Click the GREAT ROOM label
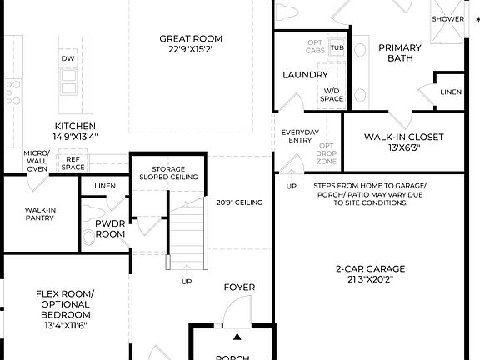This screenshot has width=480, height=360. coord(191,44)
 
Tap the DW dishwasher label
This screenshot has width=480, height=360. coord(67,58)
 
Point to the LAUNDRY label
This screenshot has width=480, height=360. coord(305,75)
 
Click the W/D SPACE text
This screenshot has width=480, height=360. coord(332,94)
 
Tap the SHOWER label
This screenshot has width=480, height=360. coord(448,18)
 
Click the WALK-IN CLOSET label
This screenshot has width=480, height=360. coord(404,142)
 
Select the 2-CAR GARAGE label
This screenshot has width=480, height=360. coord(370,273)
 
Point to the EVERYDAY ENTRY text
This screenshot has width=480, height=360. coord(299,136)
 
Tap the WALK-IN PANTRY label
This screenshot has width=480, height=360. coord(39,213)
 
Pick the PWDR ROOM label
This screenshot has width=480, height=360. coord(110,229)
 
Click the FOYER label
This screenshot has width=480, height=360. coord(239,287)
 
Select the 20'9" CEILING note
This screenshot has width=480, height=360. coord(239,202)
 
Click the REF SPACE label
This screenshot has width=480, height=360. coord(73,163)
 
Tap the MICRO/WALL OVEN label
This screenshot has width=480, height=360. coord(37,161)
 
